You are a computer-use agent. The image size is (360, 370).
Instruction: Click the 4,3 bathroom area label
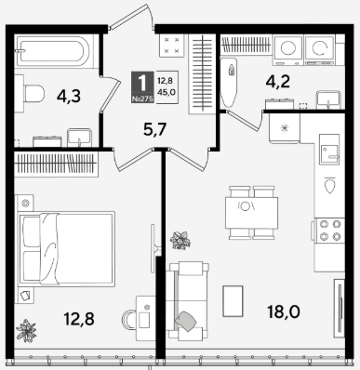click(69, 96)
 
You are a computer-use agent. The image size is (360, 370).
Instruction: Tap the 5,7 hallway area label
click(155, 129)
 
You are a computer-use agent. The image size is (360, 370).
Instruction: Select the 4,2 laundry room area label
click(278, 82)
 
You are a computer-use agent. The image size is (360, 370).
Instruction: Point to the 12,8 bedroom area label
click(79, 319)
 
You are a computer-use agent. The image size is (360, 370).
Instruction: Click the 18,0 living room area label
click(284, 311)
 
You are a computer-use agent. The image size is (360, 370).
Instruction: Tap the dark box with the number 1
click(142, 87)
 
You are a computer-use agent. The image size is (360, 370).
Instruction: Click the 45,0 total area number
click(166, 92)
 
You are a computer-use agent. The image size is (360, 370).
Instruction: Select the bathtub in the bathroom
click(53, 51)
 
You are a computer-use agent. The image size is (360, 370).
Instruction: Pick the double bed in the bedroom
click(67, 248)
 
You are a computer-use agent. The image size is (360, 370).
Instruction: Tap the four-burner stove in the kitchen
click(329, 230)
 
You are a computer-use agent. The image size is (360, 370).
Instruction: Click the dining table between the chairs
click(251, 213)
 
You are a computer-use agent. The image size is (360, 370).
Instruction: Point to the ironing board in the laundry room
click(229, 82)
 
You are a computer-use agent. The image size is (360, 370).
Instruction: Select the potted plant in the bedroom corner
click(26, 331)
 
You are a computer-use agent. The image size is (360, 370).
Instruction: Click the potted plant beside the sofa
click(180, 240)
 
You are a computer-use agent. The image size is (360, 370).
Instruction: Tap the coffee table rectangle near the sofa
click(233, 301)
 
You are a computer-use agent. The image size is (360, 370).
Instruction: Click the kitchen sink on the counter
click(329, 149)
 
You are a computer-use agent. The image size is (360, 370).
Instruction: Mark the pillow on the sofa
click(186, 321)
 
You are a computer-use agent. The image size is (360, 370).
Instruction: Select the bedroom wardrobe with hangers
click(56, 164)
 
